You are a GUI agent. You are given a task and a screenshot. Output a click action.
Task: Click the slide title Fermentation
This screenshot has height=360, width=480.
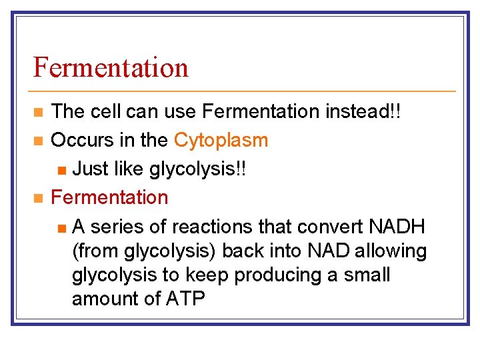point(111,67)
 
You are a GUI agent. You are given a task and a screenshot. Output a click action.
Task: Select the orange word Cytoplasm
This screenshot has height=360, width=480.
point(221,140)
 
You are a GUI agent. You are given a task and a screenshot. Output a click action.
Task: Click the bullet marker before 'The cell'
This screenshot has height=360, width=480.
point(39,111)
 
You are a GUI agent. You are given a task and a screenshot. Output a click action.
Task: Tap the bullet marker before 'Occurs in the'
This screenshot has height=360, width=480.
point(39,141)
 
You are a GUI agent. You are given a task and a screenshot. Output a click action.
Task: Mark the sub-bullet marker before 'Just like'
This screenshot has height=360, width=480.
point(61,169)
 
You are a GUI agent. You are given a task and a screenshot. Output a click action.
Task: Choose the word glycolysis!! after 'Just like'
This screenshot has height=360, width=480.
point(198,169)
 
